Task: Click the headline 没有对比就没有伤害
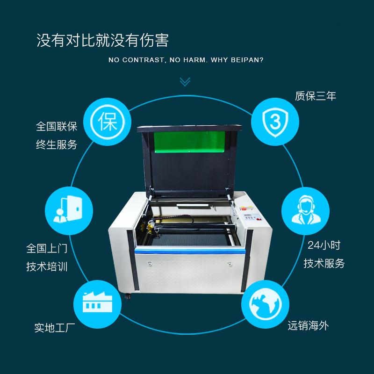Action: [x=102, y=40]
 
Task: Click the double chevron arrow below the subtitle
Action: [x=185, y=81]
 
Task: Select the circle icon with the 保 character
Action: [x=108, y=122]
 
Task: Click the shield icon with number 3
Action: [x=275, y=122]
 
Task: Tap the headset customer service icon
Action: [x=306, y=211]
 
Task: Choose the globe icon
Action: [x=265, y=304]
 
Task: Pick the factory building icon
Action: [x=97, y=304]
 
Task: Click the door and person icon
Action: [x=69, y=211]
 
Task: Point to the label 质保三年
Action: [x=316, y=96]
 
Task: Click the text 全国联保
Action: [x=57, y=126]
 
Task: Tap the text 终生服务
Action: [x=57, y=145]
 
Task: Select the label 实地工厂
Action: [x=55, y=328]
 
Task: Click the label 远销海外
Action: [x=308, y=325]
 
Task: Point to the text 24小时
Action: [x=324, y=245]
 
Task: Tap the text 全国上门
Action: [x=47, y=248]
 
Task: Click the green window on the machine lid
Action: [x=189, y=142]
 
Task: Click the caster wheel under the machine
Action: [x=128, y=296]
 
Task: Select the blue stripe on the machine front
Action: [x=190, y=251]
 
